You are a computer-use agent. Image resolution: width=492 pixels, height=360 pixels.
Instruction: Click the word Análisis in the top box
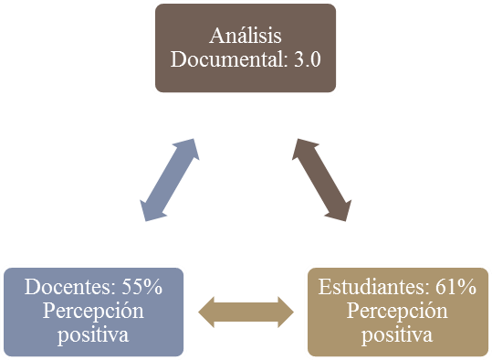(245, 37)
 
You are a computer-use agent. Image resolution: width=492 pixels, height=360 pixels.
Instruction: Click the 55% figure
(141, 288)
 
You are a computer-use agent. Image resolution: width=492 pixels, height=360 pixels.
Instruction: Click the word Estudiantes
(373, 288)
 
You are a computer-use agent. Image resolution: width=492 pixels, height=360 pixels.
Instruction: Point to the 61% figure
(455, 288)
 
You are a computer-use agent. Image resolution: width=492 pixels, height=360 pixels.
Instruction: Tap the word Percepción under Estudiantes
(397, 311)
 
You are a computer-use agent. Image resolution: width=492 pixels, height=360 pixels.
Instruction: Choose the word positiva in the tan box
(397, 334)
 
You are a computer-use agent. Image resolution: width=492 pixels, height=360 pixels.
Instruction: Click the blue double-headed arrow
(170, 179)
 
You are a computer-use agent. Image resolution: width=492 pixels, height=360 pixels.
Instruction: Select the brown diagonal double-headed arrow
(320, 179)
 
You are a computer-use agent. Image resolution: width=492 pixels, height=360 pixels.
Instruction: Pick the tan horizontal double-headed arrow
(246, 312)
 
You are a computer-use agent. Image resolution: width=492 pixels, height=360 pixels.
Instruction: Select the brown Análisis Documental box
(246, 48)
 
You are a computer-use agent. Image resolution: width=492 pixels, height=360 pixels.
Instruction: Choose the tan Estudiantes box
(397, 312)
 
